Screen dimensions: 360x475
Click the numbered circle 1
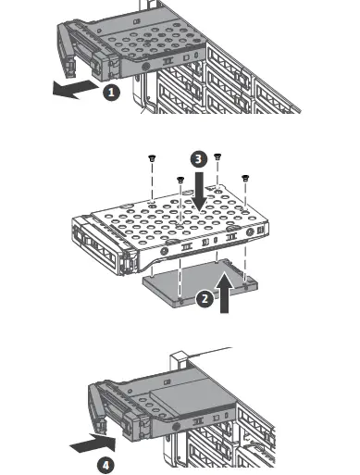(111, 93)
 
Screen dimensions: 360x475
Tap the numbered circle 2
(205, 299)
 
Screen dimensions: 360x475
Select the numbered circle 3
(198, 159)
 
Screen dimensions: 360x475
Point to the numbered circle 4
(106, 466)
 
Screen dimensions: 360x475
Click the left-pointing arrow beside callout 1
(76, 89)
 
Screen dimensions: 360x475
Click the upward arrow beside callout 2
(224, 292)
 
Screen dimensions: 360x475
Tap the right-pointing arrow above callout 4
(93, 444)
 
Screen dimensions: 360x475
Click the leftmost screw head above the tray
(152, 158)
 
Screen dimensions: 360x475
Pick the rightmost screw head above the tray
(245, 178)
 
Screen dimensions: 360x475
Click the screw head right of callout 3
(218, 156)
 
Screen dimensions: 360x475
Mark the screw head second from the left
(180, 180)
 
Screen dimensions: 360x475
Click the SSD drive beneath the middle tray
(200, 282)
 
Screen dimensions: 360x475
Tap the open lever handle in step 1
(66, 51)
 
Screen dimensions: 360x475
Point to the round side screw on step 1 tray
(145, 66)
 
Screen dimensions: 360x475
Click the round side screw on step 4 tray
(176, 427)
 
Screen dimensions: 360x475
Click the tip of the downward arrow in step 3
(200, 212)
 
